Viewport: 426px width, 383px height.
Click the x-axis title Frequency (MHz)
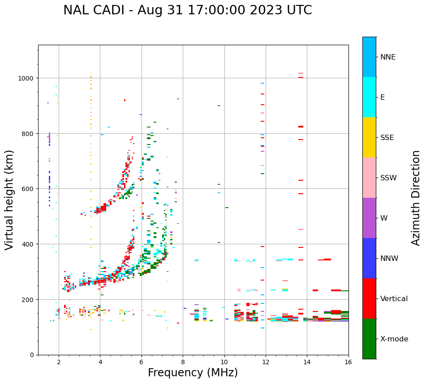pyautogui.click(x=193, y=373)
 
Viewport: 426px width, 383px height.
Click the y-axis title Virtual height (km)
pyautogui.click(x=9, y=200)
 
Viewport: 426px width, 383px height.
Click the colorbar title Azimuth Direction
pyautogui.click(x=416, y=198)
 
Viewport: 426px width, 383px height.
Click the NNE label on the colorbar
pyautogui.click(x=388, y=57)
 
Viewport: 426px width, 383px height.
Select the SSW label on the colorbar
pyautogui.click(x=388, y=178)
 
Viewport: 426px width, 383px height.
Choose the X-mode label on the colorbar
pyautogui.click(x=394, y=339)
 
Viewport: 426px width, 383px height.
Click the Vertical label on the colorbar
pyautogui.click(x=394, y=298)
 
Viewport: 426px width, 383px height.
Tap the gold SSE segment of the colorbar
pyautogui.click(x=369, y=137)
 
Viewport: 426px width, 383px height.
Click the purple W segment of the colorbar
pyautogui.click(x=369, y=218)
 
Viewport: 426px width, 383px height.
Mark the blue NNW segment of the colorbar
pyautogui.click(x=369, y=258)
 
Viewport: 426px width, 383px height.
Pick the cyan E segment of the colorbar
pyautogui.click(x=369, y=97)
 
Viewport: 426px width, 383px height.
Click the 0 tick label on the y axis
pyautogui.click(x=32, y=355)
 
